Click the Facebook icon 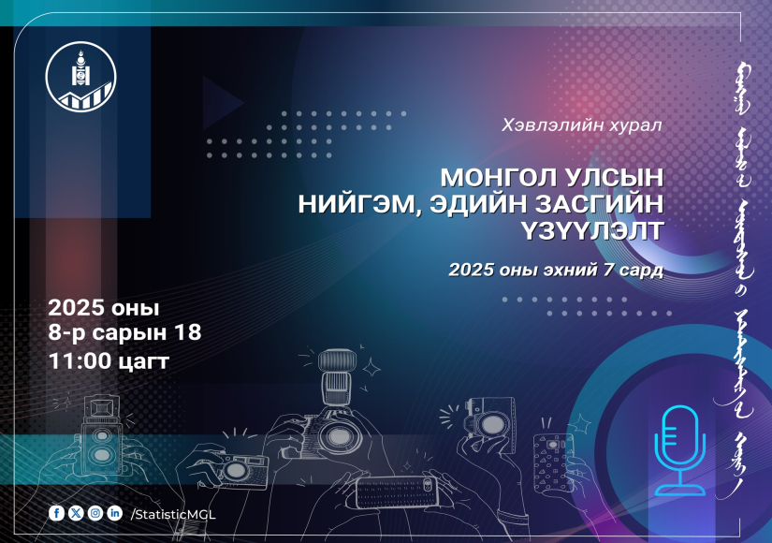coord(57,513)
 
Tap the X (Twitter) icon coord(76,513)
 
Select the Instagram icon coord(95,513)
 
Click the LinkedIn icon coord(115,513)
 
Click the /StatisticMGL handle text coord(173,514)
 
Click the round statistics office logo coord(81,77)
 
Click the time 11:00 coord(80,360)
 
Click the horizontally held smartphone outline coord(397,492)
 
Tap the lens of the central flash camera coord(337,436)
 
